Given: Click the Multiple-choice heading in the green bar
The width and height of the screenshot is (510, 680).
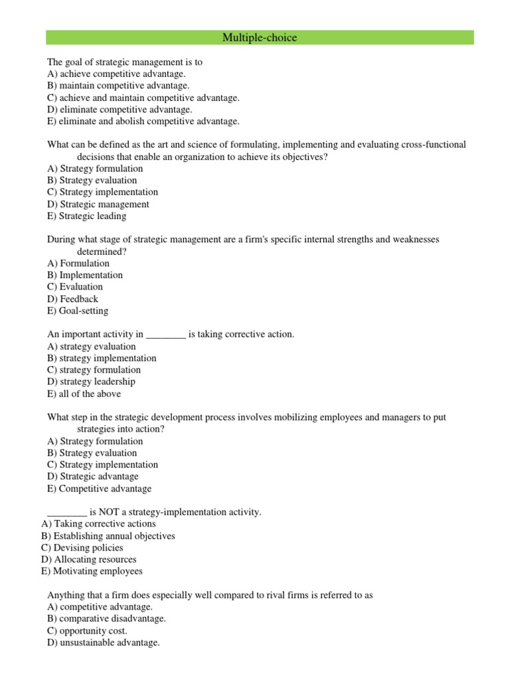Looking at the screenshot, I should (260, 38).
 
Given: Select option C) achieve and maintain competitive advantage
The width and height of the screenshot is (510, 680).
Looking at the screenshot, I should (143, 98).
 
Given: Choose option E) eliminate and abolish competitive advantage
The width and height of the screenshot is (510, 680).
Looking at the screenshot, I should (143, 122).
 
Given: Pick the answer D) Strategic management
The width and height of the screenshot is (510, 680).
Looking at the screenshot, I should (98, 205).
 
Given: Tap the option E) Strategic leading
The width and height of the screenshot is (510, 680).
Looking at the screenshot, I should (86, 216).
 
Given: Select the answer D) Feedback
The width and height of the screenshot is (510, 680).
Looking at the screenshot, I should (72, 299).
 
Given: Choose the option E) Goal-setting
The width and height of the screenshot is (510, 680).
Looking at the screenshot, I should (78, 311).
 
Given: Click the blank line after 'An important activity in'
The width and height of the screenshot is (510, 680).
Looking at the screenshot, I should (165, 335).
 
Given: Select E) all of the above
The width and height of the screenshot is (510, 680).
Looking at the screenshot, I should (84, 394).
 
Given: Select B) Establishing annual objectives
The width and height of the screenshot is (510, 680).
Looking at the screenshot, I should (108, 536).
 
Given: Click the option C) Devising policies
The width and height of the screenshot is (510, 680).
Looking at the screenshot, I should (82, 548).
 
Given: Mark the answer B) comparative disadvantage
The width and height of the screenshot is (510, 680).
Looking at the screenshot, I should (107, 619).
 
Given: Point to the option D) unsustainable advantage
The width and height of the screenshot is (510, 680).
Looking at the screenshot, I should (104, 643).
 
